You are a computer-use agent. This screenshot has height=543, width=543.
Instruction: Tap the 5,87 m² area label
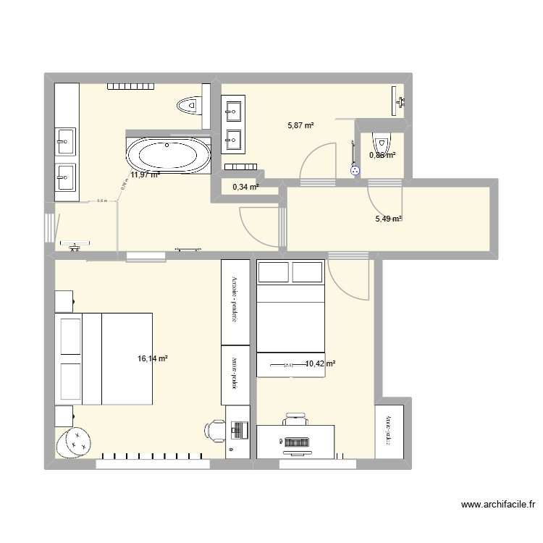pyautogui.click(x=300, y=125)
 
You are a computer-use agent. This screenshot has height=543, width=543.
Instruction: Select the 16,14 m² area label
pyautogui.click(x=152, y=358)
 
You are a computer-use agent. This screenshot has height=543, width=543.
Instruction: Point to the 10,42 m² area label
pyautogui.click(x=320, y=364)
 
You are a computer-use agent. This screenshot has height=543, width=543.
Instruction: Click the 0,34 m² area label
pyautogui.click(x=245, y=188)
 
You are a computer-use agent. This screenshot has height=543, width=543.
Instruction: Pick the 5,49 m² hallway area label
pyautogui.click(x=387, y=219)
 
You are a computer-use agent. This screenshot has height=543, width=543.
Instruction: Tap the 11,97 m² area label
pyautogui.click(x=145, y=174)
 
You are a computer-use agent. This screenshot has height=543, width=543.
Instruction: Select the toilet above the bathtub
pyautogui.click(x=189, y=106)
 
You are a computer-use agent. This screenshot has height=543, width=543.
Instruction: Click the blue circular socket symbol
pyautogui.click(x=355, y=171)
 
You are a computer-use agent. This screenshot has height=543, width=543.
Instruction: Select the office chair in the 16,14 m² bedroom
pyautogui.click(x=215, y=430)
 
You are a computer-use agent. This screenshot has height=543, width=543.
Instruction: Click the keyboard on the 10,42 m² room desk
pyautogui.click(x=296, y=441)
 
